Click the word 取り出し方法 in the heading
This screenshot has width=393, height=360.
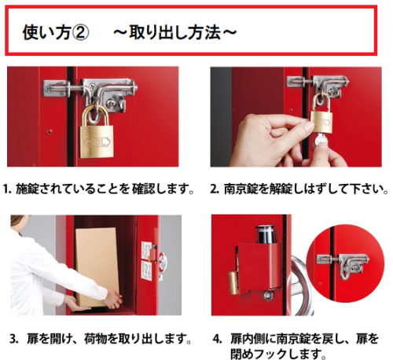tap(175, 33)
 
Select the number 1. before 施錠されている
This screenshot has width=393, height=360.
tap(8, 189)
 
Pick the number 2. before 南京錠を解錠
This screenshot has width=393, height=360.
tap(215, 189)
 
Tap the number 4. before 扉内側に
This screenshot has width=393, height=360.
tap(217, 339)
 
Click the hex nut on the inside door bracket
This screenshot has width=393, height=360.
tap(268, 296)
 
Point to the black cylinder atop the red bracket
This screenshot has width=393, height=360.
tap(264, 234)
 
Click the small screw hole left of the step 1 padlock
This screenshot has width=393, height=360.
tap(49, 131)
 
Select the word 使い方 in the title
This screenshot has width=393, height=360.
tap(46, 33)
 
